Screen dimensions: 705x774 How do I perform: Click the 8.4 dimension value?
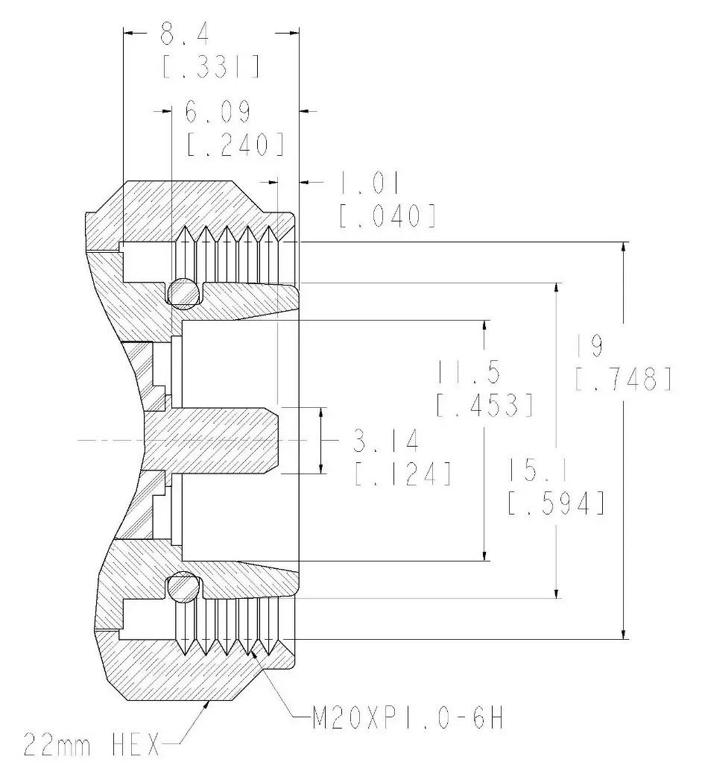pos(185,35)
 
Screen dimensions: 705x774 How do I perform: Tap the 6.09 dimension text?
pos(218,112)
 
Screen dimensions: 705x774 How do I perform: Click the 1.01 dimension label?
pos(369,183)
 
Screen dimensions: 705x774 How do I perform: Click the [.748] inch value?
pos(623,379)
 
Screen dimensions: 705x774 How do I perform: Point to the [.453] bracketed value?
pos(485,405)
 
